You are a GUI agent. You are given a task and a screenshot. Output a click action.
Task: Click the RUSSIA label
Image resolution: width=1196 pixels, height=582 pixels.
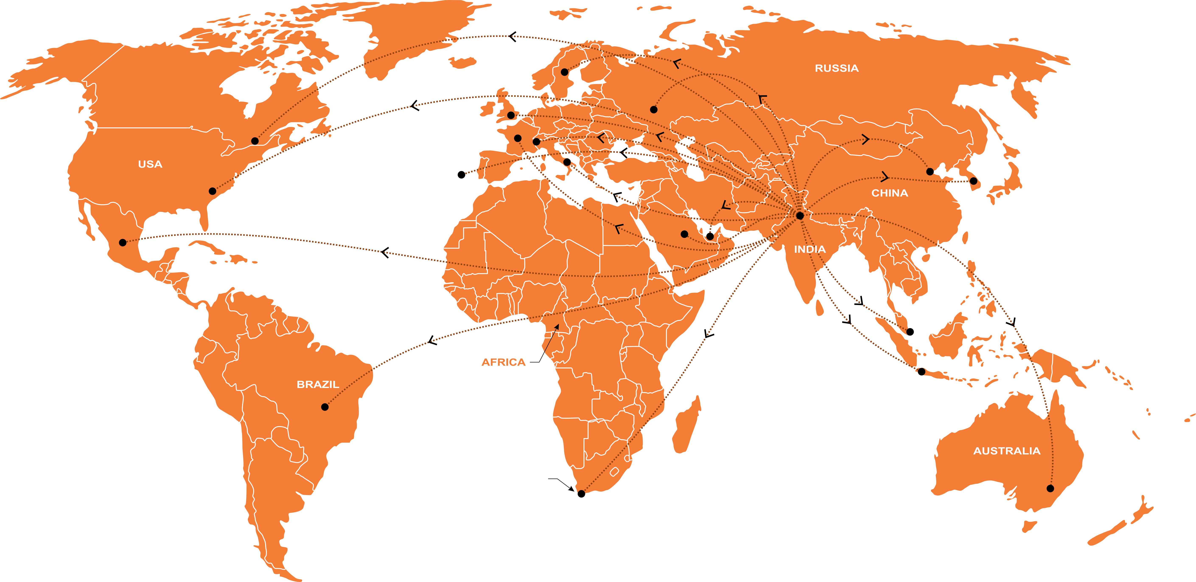pyautogui.click(x=837, y=68)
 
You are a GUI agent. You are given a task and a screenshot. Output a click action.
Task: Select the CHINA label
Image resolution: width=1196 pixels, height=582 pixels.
pyautogui.click(x=889, y=193)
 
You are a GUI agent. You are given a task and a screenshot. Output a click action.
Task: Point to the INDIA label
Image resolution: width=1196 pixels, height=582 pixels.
pyautogui.click(x=810, y=249)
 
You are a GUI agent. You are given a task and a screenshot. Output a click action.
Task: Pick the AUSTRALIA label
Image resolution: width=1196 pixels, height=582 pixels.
pyautogui.click(x=1007, y=451)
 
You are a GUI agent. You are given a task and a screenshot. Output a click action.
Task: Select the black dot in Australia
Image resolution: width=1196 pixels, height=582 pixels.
pyautogui.click(x=1050, y=488)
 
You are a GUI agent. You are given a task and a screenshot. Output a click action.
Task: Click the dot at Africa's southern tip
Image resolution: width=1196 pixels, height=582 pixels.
pyautogui.click(x=581, y=494)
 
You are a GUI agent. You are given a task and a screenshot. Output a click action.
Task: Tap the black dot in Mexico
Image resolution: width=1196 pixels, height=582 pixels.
pyautogui.click(x=123, y=242)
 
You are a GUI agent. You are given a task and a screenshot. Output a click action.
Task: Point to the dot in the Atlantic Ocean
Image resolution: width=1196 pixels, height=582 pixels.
pyautogui.click(x=461, y=175)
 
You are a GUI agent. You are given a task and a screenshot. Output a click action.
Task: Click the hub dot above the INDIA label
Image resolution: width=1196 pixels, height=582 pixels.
pyautogui.click(x=800, y=215)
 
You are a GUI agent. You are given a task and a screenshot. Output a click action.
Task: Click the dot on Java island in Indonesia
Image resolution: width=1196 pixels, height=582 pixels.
pyautogui.click(x=922, y=372)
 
